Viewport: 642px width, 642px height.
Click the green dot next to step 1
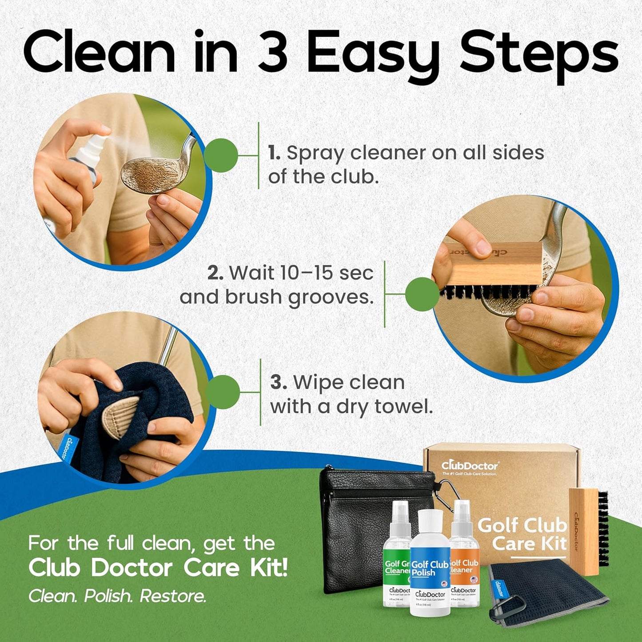click(x=221, y=156)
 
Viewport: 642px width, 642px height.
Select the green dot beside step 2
click(x=422, y=294)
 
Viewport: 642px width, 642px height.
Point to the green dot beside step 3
click(x=223, y=392)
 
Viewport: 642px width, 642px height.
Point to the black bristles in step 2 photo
click(x=489, y=291)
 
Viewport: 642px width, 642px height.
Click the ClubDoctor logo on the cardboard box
click(x=470, y=466)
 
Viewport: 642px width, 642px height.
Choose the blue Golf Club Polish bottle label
click(x=430, y=568)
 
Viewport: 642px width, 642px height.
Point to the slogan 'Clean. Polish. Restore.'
click(x=117, y=596)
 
